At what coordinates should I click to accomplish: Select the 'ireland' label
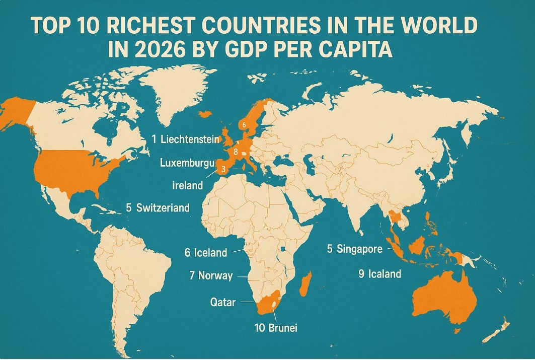[x=187, y=185]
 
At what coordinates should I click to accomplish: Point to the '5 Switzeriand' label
[x=158, y=207]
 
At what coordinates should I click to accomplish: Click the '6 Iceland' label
[x=206, y=253]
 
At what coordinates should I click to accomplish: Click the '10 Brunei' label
[x=276, y=328]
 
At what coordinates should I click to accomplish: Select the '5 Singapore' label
[x=355, y=249]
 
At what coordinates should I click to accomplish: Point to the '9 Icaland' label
[x=379, y=274]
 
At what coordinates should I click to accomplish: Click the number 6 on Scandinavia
[x=244, y=124]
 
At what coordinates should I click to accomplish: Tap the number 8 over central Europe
[x=236, y=151]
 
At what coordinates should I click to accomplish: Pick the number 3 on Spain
[x=223, y=170]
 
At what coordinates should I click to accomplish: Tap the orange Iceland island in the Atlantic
[x=206, y=114]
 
